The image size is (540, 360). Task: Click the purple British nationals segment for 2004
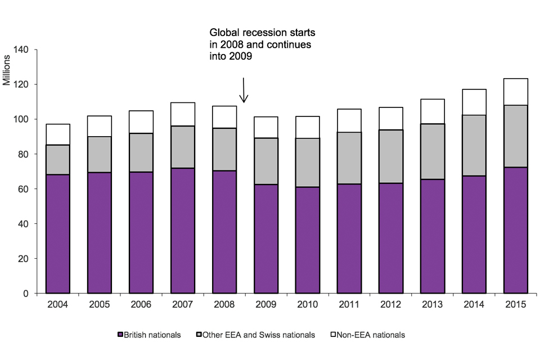58,233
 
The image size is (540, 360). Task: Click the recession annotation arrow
244,90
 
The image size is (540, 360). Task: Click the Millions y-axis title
7,70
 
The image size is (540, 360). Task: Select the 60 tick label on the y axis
26,189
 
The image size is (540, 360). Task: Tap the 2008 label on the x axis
224,305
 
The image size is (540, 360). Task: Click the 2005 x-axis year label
99,305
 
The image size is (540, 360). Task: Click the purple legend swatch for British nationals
120,335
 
